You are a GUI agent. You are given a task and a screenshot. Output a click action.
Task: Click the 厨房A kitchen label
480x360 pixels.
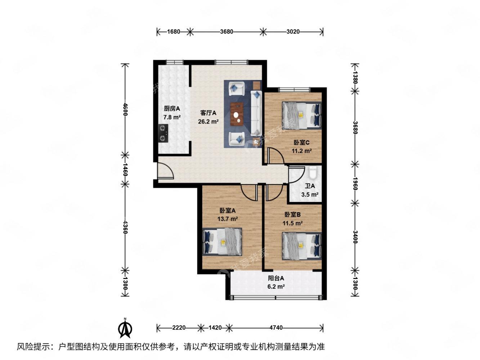pos(172,108)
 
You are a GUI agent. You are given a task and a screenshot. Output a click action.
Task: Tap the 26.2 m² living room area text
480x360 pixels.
pos(208,121)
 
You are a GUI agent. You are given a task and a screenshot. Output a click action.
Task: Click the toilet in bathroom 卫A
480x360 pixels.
pos(313,173)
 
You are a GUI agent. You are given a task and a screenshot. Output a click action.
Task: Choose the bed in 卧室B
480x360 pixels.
pos(301,245)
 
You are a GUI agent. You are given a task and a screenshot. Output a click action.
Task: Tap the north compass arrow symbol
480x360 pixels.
pos(125,328)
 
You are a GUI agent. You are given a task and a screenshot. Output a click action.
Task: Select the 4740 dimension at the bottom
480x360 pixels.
pos(276,328)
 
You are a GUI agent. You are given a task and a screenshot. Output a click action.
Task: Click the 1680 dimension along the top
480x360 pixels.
pos(174,32)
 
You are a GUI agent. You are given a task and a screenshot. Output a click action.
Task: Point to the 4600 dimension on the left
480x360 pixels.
pos(125,109)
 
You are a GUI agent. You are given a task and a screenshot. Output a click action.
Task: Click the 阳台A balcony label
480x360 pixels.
pos(276,278)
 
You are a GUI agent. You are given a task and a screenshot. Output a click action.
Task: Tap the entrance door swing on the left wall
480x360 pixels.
pos(165,171)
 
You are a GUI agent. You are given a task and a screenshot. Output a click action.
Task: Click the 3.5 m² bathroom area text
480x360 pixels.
pos(310,195)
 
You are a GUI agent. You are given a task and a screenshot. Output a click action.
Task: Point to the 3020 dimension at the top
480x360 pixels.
pos(293,32)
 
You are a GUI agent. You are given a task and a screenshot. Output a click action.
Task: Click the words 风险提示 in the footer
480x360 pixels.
pos(33,347)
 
